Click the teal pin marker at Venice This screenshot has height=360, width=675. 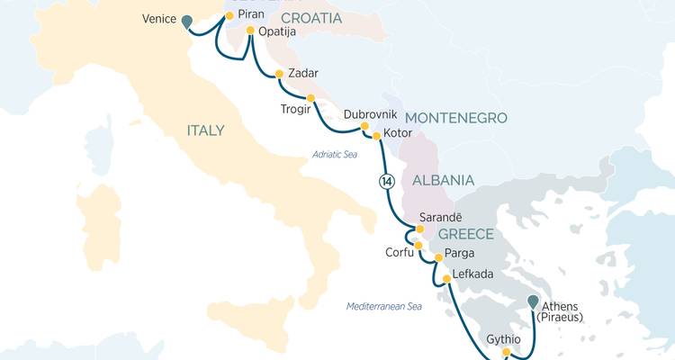point(187,22)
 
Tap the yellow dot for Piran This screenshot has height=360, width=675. point(229,16)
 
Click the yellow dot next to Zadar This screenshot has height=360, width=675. point(279,74)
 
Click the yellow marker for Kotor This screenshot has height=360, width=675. point(376,136)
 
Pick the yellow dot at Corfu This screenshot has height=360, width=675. point(418,245)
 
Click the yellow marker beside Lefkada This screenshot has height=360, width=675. point(446,280)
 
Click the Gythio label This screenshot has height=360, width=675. point(504,339)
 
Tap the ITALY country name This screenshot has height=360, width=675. point(205,130)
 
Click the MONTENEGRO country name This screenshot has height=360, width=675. point(455,118)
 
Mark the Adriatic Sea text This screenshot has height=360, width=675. point(336,154)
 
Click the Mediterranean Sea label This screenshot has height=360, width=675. point(384,307)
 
